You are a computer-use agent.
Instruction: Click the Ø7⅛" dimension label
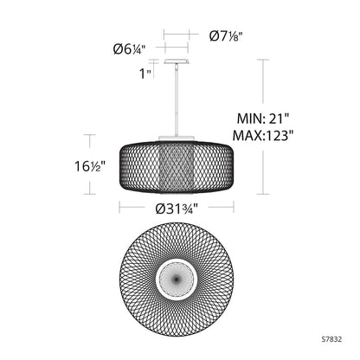point(225,35)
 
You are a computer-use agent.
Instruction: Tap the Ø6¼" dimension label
point(130,50)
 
